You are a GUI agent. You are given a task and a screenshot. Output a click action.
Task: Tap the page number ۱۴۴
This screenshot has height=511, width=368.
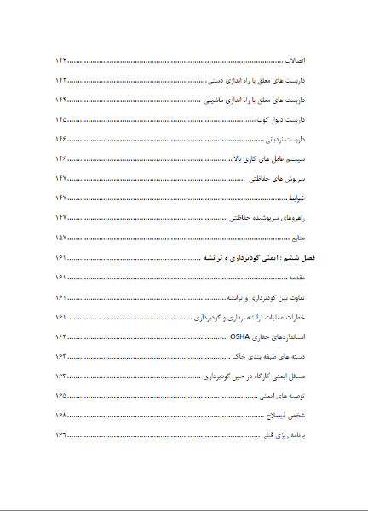(60, 100)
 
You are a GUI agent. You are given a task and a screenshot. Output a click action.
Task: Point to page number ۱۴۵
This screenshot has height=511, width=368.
(60, 119)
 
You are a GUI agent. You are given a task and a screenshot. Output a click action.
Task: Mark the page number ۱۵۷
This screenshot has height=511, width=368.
(60, 237)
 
